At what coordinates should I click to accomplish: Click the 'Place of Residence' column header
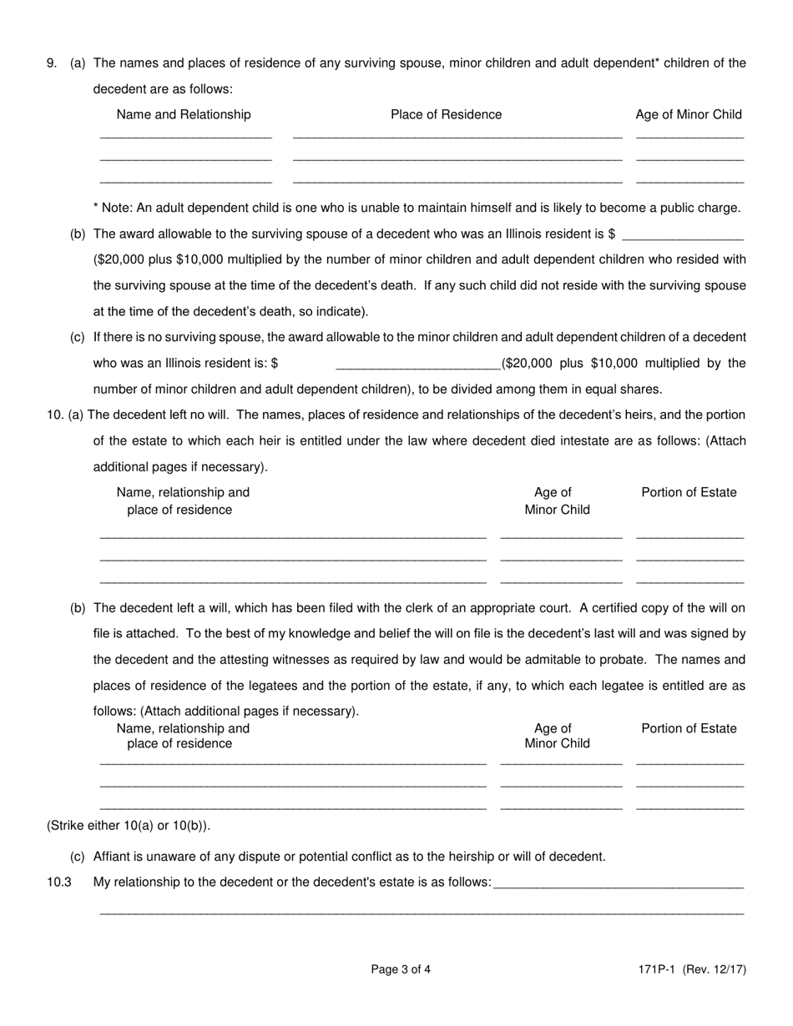tap(446, 114)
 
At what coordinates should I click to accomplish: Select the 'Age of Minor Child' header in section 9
tap(689, 114)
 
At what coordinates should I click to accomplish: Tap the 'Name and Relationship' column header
tap(184, 114)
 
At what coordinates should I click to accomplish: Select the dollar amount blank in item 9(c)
tap(417, 365)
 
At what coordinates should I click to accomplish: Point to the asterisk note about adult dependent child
tap(417, 208)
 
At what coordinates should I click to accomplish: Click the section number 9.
tap(52, 63)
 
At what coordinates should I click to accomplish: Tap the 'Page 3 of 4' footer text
tap(401, 969)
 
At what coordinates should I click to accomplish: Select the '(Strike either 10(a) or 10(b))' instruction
tap(129, 826)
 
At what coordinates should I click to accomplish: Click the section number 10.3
tap(59, 882)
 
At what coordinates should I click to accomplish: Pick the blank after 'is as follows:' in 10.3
tap(619, 884)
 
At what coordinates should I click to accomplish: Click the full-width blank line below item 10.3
tap(422, 913)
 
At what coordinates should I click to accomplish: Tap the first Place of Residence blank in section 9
tap(457, 136)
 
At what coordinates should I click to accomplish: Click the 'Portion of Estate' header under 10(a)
tap(689, 492)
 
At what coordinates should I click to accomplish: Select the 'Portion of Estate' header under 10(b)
tap(689, 728)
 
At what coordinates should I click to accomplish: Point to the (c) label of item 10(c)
tap(78, 856)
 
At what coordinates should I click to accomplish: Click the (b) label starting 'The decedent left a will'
tap(78, 608)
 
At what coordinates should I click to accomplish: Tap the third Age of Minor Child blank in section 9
tap(689, 180)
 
